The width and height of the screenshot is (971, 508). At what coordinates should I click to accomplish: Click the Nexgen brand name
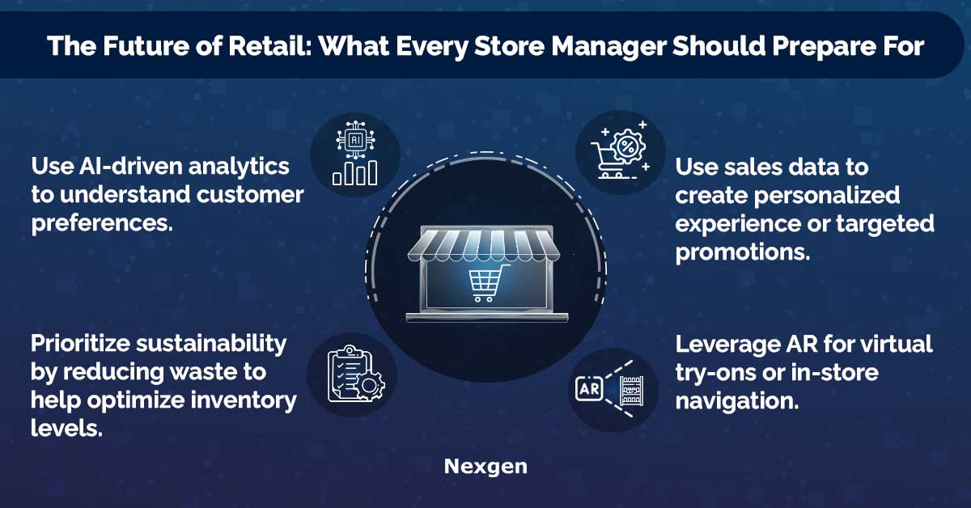point(485,468)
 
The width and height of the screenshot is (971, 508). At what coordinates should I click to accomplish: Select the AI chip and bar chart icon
point(355,153)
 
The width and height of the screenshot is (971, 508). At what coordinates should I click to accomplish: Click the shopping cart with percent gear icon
point(620,150)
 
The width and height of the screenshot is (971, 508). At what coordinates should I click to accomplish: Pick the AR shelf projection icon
point(609,389)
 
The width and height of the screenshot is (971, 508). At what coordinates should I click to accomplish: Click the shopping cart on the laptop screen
point(487,282)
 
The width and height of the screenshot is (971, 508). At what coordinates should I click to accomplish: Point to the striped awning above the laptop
point(484,245)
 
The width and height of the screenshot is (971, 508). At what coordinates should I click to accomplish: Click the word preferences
point(102,223)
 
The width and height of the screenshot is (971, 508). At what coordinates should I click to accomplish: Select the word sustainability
point(211,343)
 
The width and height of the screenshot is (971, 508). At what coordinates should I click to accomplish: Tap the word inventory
point(244,400)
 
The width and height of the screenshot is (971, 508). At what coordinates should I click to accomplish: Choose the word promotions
point(743,252)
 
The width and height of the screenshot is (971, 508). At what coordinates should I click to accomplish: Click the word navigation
point(737,401)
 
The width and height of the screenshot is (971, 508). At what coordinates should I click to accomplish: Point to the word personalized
point(827,196)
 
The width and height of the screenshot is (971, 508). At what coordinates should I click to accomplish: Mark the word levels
point(66,428)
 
